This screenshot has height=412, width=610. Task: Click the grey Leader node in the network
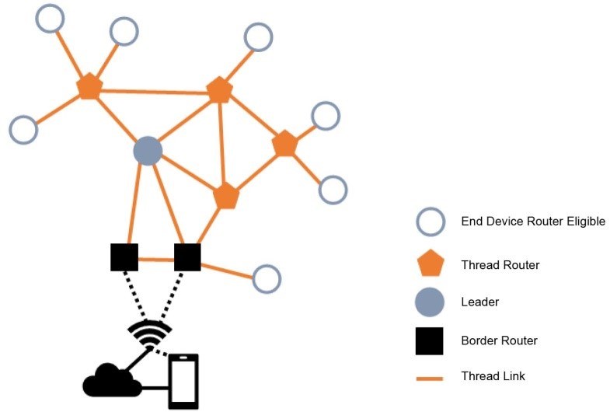147,151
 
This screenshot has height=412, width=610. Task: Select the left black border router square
124,257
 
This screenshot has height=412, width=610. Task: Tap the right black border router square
187,257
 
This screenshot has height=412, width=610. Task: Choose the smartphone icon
183,381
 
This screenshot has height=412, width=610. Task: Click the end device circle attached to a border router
267,279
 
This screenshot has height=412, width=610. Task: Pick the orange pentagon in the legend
430,265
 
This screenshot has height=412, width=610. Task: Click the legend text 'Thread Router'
500,265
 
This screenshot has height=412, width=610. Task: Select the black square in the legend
430,340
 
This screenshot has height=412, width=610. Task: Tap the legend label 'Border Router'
499,340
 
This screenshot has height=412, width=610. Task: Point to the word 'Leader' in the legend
479,302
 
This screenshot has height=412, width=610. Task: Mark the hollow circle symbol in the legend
430,222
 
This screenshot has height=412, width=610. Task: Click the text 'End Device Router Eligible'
532,222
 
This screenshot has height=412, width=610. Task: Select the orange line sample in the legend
430,378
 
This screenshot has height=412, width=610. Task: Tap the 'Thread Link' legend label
493,376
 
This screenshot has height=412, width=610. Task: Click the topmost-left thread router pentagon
89,86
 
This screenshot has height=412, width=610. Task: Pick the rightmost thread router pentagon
285,144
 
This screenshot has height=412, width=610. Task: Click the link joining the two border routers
156,259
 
